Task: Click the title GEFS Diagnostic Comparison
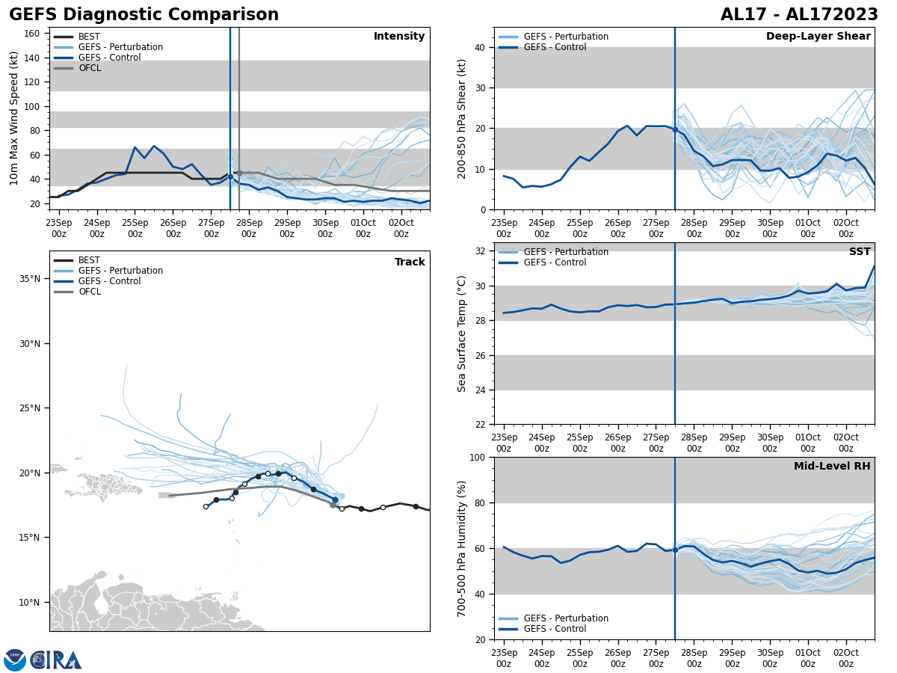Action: click(x=144, y=15)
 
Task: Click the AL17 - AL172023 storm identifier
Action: click(x=799, y=15)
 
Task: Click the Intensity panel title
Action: click(x=399, y=37)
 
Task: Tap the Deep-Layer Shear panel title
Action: click(x=818, y=37)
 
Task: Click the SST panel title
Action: click(x=860, y=252)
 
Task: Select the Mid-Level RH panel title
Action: click(x=832, y=467)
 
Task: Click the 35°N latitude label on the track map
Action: click(x=30, y=279)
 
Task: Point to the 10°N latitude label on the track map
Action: click(x=30, y=603)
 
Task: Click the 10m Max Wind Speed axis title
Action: click(x=14, y=118)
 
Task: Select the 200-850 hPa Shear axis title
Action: click(x=462, y=118)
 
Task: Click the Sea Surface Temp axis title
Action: click(x=462, y=334)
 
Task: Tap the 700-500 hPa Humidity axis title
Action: click(x=462, y=548)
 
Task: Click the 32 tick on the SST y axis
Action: click(x=481, y=251)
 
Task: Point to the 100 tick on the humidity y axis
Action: click(x=478, y=458)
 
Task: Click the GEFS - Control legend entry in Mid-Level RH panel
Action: click(x=555, y=629)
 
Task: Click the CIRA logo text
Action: click(x=56, y=660)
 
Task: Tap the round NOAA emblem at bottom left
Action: click(x=15, y=660)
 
